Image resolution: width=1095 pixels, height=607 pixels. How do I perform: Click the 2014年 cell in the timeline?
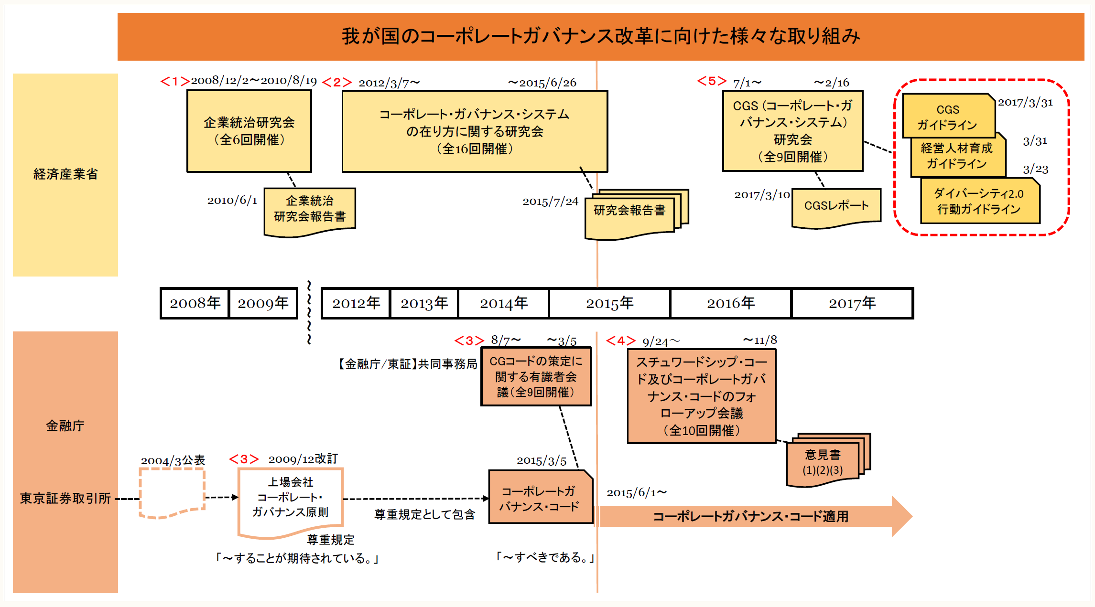(x=503, y=303)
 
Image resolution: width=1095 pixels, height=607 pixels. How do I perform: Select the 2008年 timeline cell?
(x=195, y=303)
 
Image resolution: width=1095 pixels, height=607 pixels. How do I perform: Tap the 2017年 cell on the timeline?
(x=852, y=303)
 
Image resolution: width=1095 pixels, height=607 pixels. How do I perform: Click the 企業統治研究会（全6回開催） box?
(x=249, y=131)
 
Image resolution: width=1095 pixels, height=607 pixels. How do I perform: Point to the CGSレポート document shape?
(x=836, y=207)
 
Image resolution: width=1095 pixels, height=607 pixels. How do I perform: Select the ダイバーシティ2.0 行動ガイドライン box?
(x=979, y=201)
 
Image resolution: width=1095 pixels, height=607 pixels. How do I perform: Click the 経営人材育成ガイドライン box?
(x=957, y=156)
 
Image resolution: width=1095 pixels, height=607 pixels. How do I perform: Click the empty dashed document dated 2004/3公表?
(x=172, y=492)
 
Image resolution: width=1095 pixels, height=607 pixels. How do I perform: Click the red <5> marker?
(x=711, y=81)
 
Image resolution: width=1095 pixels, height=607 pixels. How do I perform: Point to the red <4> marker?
(x=620, y=341)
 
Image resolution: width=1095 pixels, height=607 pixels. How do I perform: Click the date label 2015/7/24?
(x=550, y=202)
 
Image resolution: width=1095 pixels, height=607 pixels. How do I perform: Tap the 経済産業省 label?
(x=65, y=174)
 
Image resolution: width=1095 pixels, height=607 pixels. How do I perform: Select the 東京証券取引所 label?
(x=65, y=499)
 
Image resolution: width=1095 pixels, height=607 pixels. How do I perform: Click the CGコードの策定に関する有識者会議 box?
(x=536, y=377)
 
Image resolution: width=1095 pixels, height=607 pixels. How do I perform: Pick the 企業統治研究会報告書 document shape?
(x=310, y=210)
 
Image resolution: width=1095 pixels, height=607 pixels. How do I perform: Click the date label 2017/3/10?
(x=762, y=195)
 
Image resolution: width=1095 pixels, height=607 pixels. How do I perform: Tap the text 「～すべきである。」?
(x=544, y=557)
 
